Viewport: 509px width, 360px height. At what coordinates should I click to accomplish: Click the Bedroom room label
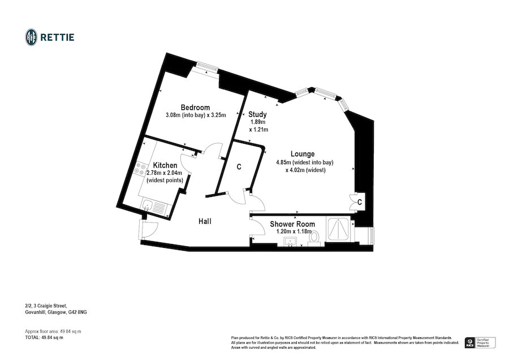pos(195,108)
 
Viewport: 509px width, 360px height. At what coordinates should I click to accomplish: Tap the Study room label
pos(258,114)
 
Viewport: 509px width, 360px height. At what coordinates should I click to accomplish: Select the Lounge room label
pos(303,153)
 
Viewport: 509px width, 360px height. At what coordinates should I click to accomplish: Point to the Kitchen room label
pos(165,165)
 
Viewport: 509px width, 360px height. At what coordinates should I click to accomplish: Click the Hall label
pos(205,221)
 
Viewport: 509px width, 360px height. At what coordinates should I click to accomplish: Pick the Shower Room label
pos(292,224)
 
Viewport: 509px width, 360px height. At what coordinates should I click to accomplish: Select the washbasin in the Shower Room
pos(292,242)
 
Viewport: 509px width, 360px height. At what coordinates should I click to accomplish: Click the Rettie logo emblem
pos(31,37)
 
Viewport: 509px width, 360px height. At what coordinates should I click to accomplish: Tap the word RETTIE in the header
pos(57,37)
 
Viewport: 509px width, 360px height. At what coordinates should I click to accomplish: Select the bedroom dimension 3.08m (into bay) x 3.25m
pos(195,115)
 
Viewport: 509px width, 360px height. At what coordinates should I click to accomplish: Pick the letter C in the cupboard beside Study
pos(239,167)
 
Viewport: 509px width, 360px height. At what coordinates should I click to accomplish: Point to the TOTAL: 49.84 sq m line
pos(40,337)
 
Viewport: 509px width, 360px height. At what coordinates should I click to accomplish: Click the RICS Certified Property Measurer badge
pos(479,342)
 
